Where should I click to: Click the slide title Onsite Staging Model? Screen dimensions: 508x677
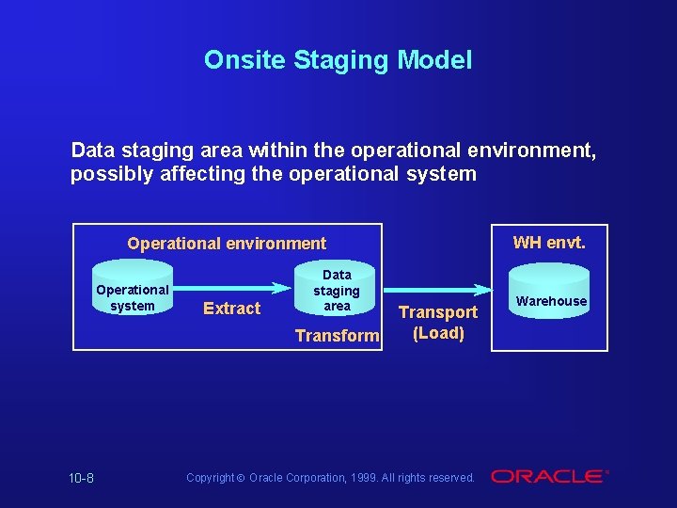coord(338,60)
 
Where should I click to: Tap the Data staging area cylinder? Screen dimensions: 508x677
coord(337,290)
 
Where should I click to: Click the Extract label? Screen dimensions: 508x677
coord(231,309)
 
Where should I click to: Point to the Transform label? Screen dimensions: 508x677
coord(337,336)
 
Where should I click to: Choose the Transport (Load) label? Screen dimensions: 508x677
coord(438,323)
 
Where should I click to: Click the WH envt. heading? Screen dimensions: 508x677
coord(549,243)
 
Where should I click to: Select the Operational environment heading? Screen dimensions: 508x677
coord(227,244)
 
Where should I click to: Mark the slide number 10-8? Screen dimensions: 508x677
coord(81,478)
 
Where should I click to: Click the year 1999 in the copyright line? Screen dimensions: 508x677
coord(365,478)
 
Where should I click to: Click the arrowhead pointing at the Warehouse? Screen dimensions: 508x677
coord(486,287)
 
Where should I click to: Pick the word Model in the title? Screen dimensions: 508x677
coord(434,60)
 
